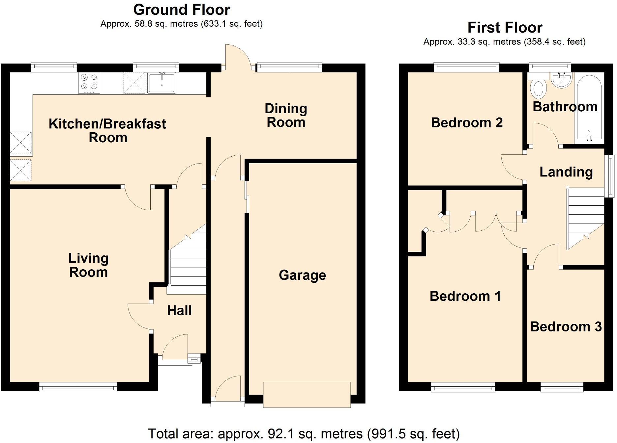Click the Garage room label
302,275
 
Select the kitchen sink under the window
162,83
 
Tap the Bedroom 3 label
566,327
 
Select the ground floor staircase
187,263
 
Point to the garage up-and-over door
307,395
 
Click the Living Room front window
78,387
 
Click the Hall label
179,311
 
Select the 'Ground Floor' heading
181,10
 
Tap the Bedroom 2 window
466,67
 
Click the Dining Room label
286,115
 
